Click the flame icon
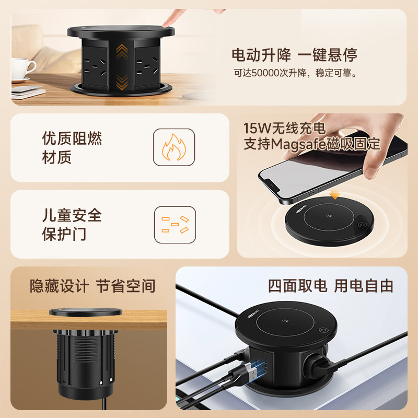pyautogui.click(x=173, y=148)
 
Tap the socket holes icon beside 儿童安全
pyautogui.click(x=174, y=224)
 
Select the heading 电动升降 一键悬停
pyautogui.click(x=295, y=55)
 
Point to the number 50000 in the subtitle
pyautogui.click(x=266, y=73)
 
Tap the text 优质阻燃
pyautogui.click(x=72, y=138)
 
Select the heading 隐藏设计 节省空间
pyautogui.click(x=92, y=286)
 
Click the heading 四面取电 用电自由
pyautogui.click(x=330, y=286)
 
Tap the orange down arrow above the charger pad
pyautogui.click(x=335, y=196)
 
